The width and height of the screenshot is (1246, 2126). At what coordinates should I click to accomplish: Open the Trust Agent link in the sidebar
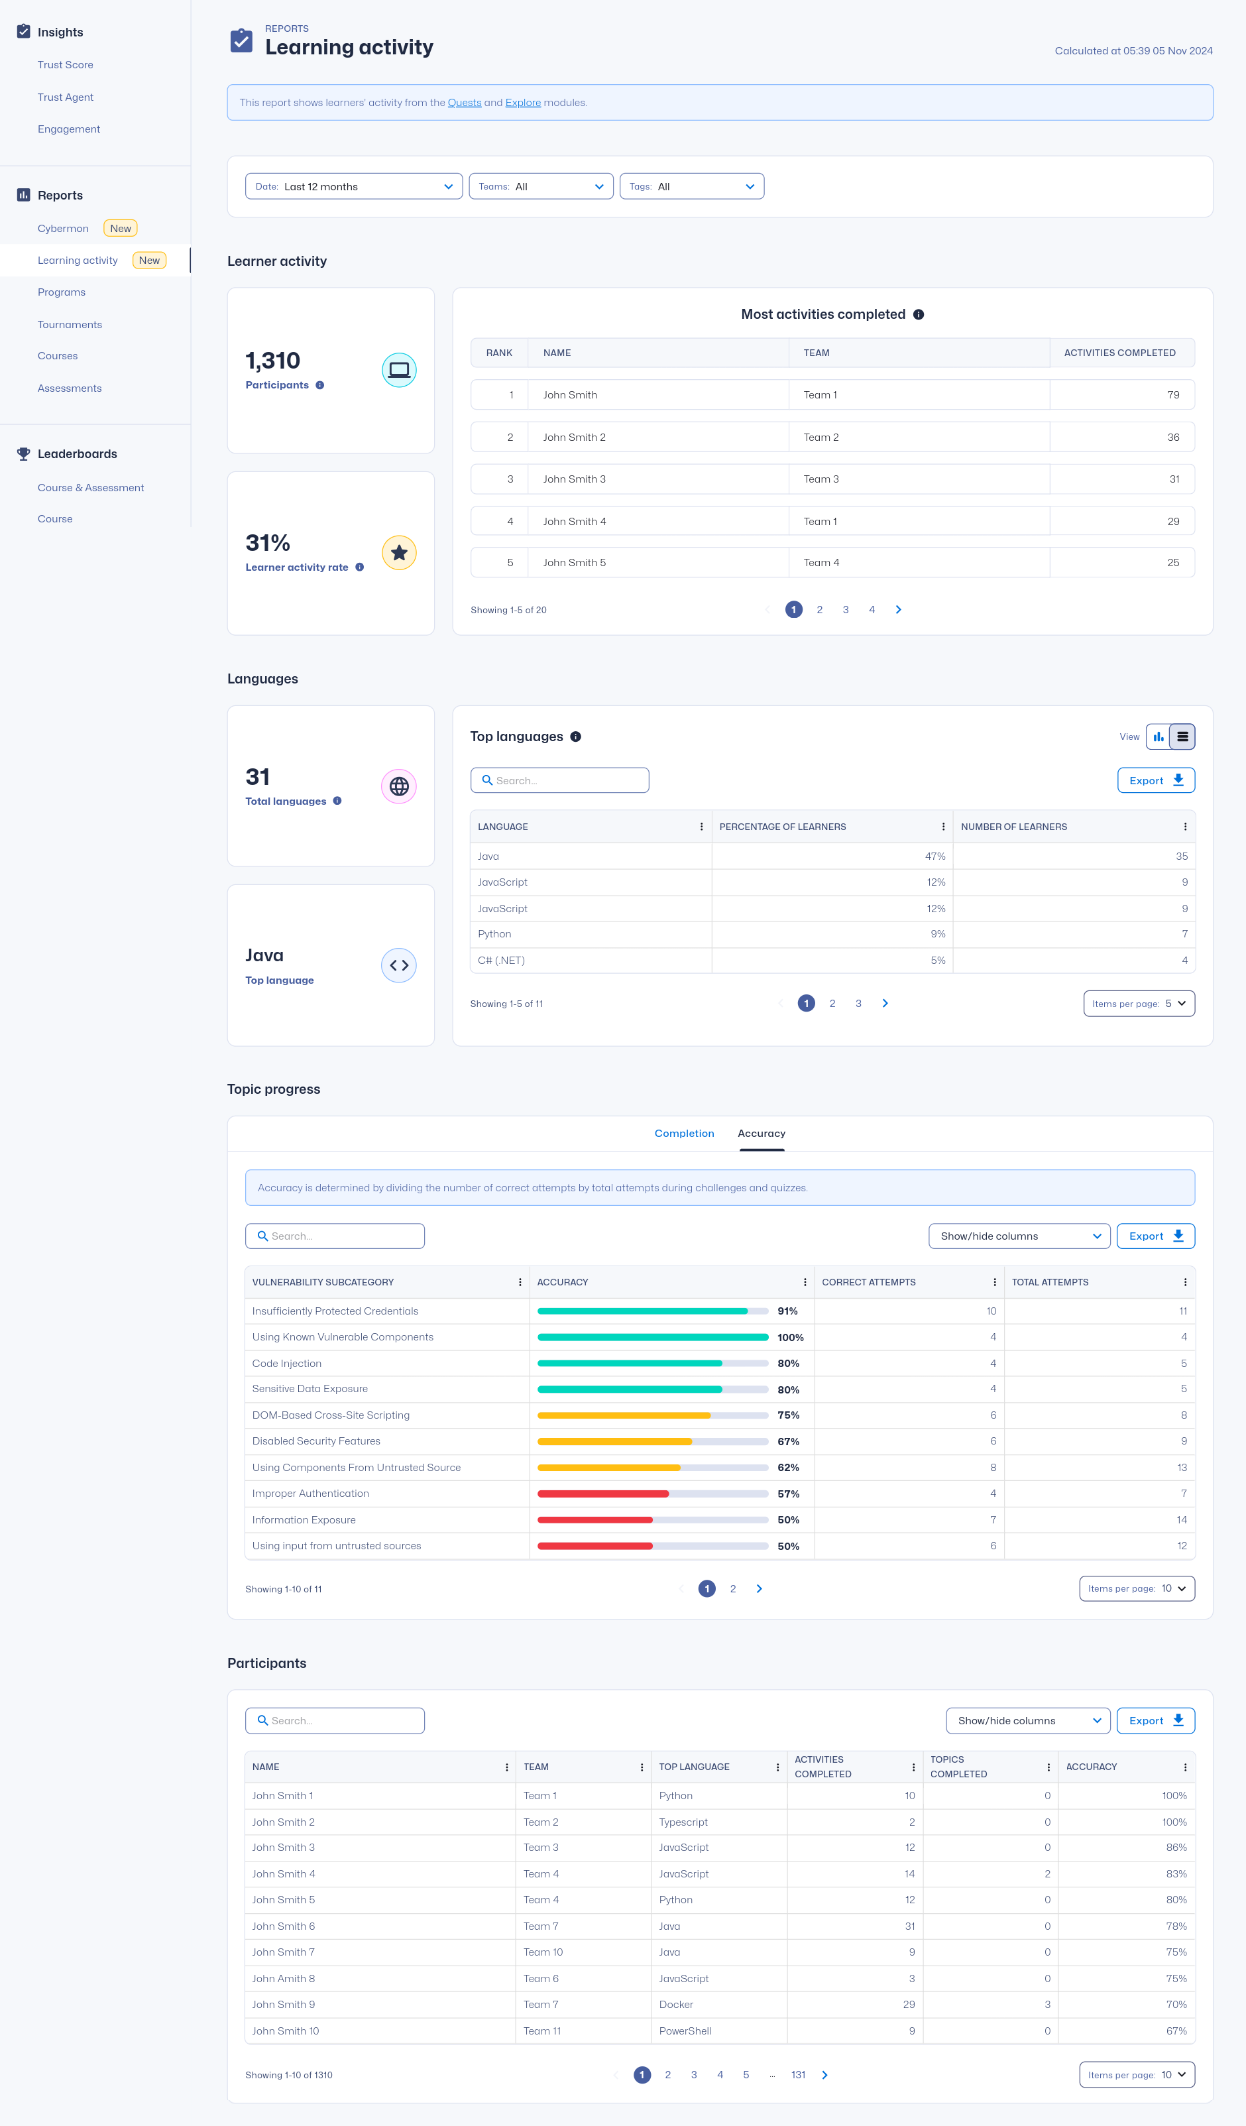tap(65, 97)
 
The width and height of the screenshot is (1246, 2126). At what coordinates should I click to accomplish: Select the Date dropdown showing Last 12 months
tap(353, 186)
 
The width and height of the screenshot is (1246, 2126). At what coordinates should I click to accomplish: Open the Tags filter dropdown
tap(692, 186)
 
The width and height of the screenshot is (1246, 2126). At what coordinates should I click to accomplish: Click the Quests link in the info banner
tap(464, 103)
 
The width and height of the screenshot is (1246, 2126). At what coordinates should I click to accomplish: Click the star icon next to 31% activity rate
tap(399, 553)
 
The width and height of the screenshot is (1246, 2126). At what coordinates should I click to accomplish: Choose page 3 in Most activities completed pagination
tap(845, 610)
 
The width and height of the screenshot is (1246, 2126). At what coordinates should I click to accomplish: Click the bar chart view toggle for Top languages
tap(1159, 737)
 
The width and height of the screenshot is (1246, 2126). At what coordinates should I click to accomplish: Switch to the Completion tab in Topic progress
tap(684, 1133)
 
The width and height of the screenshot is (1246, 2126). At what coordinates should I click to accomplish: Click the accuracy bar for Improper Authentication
tap(653, 1494)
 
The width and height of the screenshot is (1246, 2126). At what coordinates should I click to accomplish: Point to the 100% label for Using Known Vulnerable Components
tap(791, 1337)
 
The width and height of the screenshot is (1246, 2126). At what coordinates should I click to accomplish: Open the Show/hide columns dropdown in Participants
tap(1027, 1721)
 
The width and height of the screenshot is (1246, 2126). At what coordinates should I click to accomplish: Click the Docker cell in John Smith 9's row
tap(676, 2005)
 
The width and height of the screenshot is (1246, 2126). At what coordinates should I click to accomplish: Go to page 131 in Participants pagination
tap(798, 2074)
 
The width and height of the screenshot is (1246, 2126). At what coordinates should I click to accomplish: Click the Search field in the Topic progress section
tap(335, 1236)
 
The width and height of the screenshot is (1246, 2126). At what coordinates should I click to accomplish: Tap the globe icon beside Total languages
tap(399, 786)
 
